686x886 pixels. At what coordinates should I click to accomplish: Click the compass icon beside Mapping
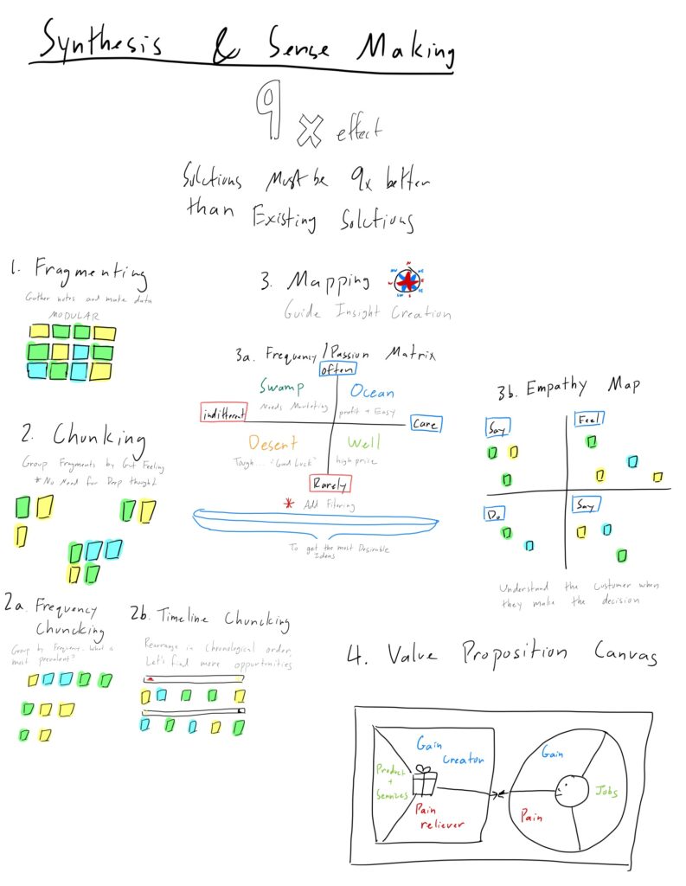(x=408, y=281)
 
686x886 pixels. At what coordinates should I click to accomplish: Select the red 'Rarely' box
(x=330, y=485)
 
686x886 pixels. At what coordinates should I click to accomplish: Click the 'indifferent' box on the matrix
(x=224, y=412)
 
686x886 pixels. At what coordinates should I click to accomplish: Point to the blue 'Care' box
(x=426, y=423)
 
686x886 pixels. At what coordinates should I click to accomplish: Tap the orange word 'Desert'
(x=273, y=443)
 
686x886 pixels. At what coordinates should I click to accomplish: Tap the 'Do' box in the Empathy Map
(x=496, y=513)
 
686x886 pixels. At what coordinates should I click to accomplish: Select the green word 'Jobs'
(x=606, y=790)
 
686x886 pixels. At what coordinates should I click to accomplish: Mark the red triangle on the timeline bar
(x=151, y=678)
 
